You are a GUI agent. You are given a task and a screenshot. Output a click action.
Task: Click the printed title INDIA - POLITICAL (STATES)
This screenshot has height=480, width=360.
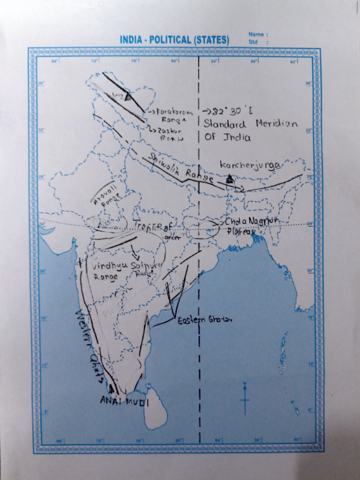click(174, 40)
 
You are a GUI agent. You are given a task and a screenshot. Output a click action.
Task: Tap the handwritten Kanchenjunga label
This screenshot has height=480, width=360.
click(250, 165)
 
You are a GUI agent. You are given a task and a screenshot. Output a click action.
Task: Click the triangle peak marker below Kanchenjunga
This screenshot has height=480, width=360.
click(230, 179)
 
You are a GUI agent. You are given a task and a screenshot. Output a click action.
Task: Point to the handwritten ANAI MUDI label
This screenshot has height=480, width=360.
click(124, 401)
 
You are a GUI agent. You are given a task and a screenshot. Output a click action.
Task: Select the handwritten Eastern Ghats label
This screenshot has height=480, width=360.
click(204, 320)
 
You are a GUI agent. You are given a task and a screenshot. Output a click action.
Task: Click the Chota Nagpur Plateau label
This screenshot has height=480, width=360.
click(252, 225)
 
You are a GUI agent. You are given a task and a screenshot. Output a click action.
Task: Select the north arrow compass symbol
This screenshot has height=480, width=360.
click(245, 398)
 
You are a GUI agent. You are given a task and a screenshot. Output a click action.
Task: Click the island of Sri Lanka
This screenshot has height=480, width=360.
click(155, 407)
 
